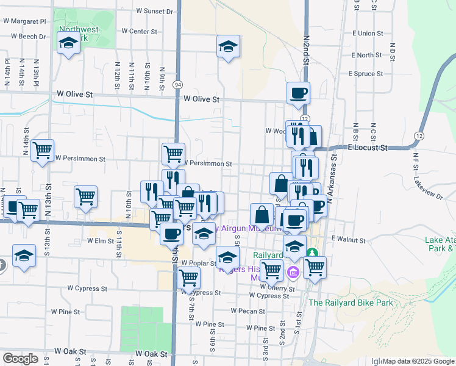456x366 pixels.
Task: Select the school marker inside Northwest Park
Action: [68, 43]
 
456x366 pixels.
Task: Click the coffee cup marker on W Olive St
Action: [298, 93]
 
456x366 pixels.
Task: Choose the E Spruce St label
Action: [366, 74]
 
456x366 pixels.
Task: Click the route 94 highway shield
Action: [177, 84]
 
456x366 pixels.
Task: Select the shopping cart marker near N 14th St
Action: [42, 150]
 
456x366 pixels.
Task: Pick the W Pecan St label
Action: [248, 310]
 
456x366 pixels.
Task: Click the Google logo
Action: [20, 359]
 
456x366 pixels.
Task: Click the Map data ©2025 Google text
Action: [418, 361]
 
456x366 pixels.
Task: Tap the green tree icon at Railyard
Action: [313, 251]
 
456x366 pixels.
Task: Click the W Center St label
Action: [140, 31]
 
